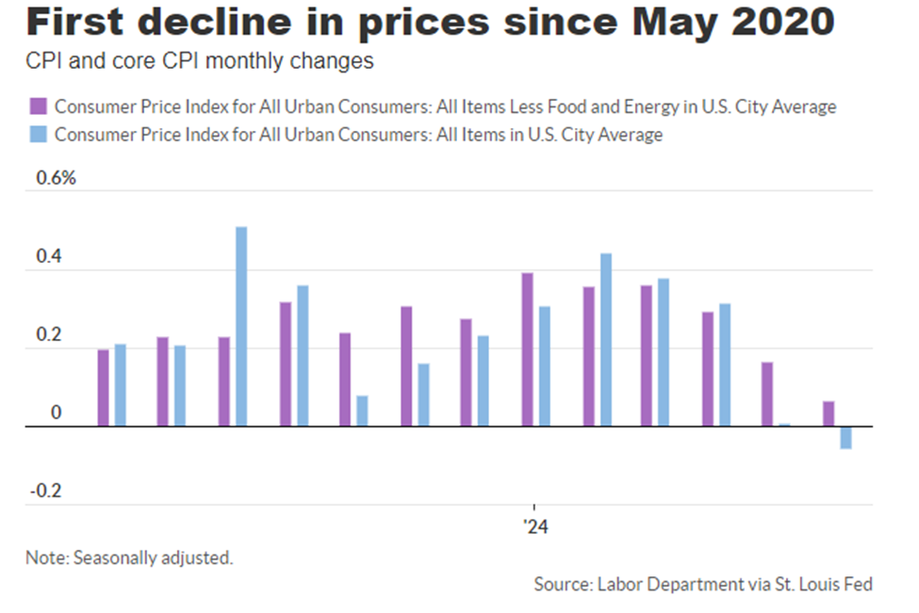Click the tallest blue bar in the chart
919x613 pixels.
tap(241, 326)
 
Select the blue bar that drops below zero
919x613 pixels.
tap(845, 437)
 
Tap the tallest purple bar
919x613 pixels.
tap(527, 349)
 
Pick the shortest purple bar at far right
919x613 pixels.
tap(829, 413)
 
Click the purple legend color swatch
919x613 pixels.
tap(40, 106)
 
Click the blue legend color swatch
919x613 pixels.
tap(40, 135)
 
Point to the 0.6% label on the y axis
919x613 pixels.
tap(56, 180)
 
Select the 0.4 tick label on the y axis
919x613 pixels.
tap(48, 258)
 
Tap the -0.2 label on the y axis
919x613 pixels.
tap(46, 491)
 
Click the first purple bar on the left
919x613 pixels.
tap(103, 387)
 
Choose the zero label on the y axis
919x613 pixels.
tap(55, 413)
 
